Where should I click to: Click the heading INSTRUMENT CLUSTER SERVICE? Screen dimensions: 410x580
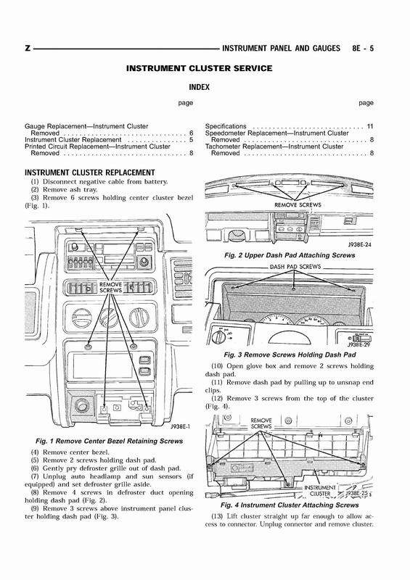tap(200, 68)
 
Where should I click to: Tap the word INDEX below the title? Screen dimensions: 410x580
tap(200, 87)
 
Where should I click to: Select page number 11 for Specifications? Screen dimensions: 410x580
tap(370, 126)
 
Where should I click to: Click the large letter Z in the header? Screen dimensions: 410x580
tap(28, 48)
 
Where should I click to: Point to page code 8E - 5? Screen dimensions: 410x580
tap(363, 48)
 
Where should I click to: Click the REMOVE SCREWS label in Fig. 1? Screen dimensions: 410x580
tap(111, 287)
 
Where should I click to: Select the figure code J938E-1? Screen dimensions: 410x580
tap(181, 426)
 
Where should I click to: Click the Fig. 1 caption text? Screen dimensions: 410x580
tap(110, 441)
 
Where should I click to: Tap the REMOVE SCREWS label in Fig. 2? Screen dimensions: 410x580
tap(298, 205)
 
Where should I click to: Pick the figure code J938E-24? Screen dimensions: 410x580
tap(360, 244)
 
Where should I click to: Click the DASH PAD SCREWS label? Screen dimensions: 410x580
tap(295, 267)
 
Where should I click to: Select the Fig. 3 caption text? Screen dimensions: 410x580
tap(290, 355)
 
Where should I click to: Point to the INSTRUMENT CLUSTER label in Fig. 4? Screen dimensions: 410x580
tap(320, 491)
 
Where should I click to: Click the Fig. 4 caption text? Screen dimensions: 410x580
tap(290, 505)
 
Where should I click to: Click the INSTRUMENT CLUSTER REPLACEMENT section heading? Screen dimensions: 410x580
tap(90, 173)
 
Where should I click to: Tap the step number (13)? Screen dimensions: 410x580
tap(217, 516)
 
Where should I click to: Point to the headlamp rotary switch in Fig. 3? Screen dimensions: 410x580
tap(220, 336)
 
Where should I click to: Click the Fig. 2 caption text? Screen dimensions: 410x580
tap(290, 255)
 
